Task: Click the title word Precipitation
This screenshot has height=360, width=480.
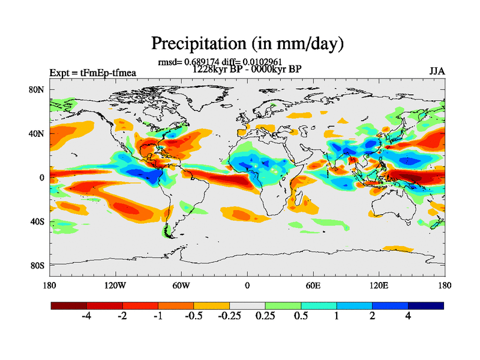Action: pyautogui.click(x=196, y=44)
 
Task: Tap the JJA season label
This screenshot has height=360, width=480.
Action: pyautogui.click(x=437, y=71)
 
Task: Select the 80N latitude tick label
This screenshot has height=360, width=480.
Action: pyautogui.click(x=37, y=90)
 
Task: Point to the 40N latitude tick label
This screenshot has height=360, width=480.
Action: pyautogui.click(x=37, y=134)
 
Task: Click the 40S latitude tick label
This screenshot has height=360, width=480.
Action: pyautogui.click(x=37, y=221)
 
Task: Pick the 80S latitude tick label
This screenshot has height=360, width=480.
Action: pyautogui.click(x=37, y=265)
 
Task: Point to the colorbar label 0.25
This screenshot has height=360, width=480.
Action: pyautogui.click(x=265, y=316)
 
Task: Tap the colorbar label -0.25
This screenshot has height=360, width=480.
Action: pyautogui.click(x=228, y=316)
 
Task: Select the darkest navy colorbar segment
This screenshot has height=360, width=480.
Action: pyautogui.click(x=426, y=305)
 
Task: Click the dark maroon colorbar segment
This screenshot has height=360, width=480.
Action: pyautogui.click(x=69, y=305)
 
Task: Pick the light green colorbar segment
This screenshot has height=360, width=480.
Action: pyautogui.click(x=283, y=305)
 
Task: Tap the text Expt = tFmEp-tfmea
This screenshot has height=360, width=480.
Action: pyautogui.click(x=92, y=73)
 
